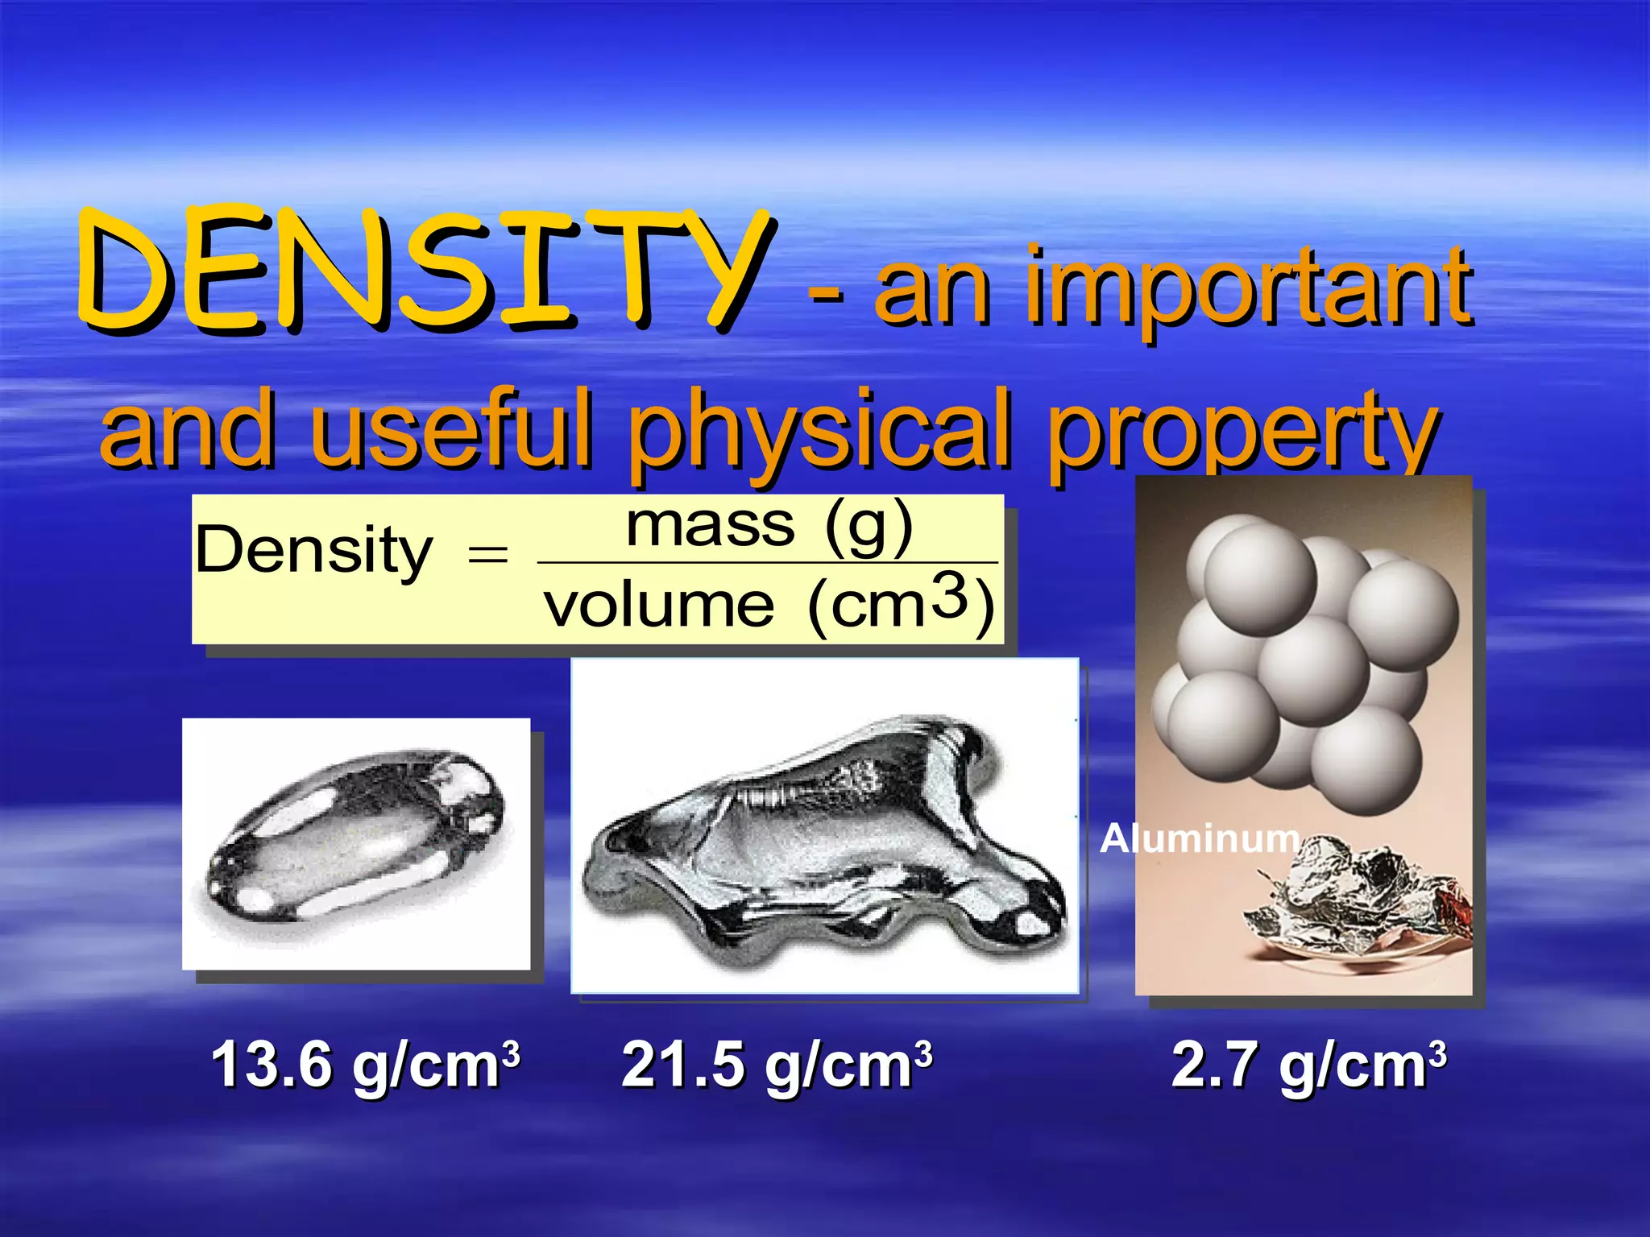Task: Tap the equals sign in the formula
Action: (x=487, y=554)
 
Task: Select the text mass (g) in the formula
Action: (x=769, y=526)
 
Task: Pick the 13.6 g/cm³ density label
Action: (x=365, y=1065)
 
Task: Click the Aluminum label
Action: (x=1199, y=838)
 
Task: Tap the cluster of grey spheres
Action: (x=1301, y=660)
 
